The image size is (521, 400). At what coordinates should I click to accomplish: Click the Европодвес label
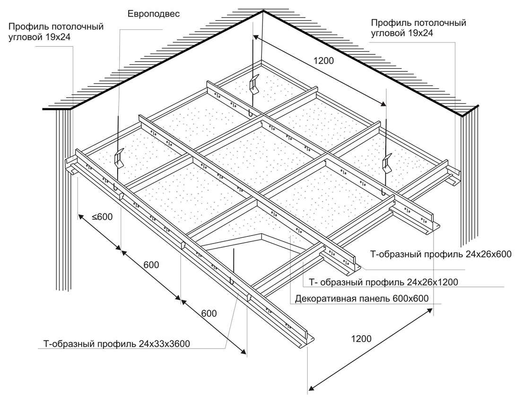coord(154,14)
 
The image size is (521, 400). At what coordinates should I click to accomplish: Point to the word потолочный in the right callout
coord(440,22)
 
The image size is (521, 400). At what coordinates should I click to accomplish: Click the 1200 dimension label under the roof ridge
coord(324,61)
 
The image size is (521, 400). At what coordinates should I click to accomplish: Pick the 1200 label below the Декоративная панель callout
coord(361,339)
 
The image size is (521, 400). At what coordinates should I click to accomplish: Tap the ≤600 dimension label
coord(102,217)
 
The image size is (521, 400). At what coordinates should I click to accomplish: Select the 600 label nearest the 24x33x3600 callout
coord(208,313)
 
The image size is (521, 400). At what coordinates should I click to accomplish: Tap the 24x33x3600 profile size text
coord(165,344)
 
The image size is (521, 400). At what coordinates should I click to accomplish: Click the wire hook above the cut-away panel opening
coord(233,280)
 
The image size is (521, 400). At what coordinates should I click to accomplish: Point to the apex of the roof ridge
coord(262,10)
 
